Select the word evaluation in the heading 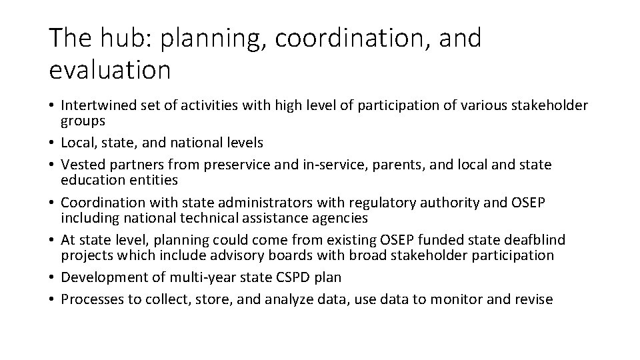[110, 69]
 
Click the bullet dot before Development [53, 277]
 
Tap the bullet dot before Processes [53, 299]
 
